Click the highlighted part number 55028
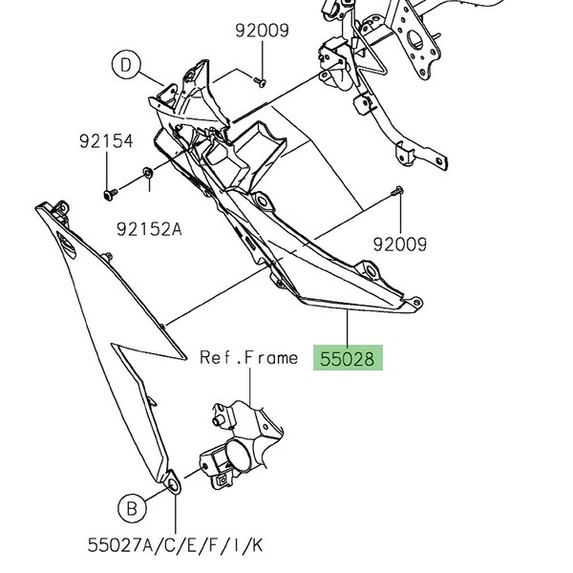350,359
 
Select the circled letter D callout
125,65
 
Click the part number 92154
105,141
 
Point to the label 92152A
148,229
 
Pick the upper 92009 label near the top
262,31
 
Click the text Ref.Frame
248,358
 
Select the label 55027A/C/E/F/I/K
175,546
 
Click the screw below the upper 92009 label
261,80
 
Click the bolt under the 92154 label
108,194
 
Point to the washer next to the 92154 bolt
148,173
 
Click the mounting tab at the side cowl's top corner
61,207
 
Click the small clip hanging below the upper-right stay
406,153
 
